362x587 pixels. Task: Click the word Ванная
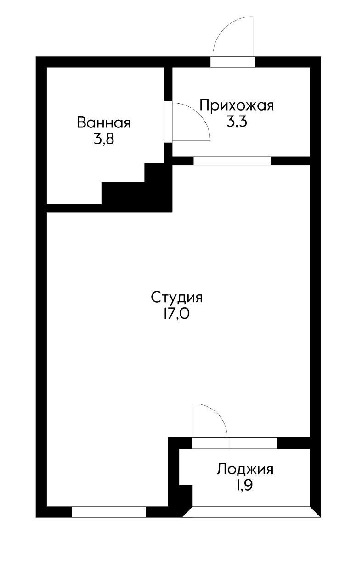pos(104,123)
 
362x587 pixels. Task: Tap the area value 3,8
pos(103,139)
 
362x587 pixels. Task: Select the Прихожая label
pos(237,105)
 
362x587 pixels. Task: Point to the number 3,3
pos(237,122)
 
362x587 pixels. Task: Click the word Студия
pos(177,297)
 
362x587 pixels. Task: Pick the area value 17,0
pos(177,314)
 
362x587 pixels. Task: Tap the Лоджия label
pos(245,469)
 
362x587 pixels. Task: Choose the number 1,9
pos(245,485)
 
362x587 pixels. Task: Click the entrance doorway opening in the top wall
pos(232,62)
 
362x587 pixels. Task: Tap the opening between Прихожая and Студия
pos(232,161)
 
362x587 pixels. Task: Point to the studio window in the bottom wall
pos(108,512)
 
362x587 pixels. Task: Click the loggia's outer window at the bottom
pos(251,512)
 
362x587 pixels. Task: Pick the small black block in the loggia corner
pos(185,495)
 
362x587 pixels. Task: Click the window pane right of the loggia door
pos(253,443)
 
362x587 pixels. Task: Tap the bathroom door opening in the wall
pos(168,122)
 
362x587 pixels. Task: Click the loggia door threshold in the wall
pos(210,443)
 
